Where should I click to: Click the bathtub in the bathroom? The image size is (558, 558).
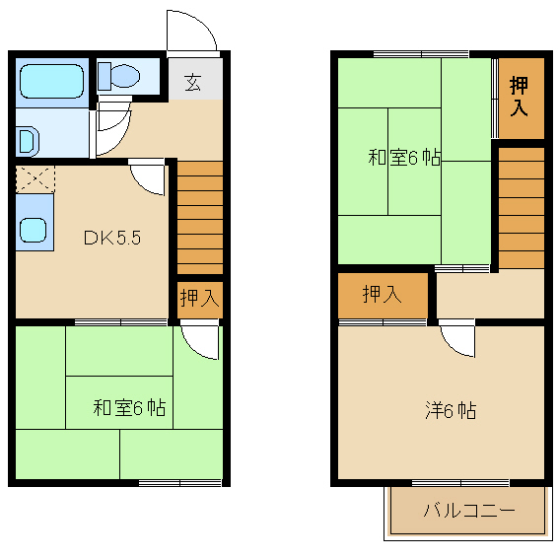pyautogui.click(x=52, y=81)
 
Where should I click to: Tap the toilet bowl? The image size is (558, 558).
pyautogui.click(x=125, y=76)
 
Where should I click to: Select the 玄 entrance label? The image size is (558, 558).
pyautogui.click(x=193, y=82)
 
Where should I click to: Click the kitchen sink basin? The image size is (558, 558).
pyautogui.click(x=33, y=231)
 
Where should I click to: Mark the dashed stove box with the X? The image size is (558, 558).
pyautogui.click(x=35, y=178)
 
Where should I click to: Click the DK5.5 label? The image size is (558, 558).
pyautogui.click(x=112, y=238)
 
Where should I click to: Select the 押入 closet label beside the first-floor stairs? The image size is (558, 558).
pyautogui.click(x=199, y=298)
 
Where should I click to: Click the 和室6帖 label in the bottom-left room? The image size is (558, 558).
pyautogui.click(x=129, y=408)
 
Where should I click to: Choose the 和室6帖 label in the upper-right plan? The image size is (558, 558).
pyautogui.click(x=404, y=157)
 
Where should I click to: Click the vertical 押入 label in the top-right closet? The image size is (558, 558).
pyautogui.click(x=519, y=96)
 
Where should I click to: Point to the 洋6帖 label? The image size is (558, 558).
pyautogui.click(x=451, y=410)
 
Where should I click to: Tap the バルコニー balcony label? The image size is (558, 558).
pyautogui.click(x=469, y=511)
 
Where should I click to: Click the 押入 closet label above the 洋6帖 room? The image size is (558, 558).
pyautogui.click(x=382, y=294)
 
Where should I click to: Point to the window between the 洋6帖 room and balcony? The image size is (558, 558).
pyautogui.click(x=460, y=483)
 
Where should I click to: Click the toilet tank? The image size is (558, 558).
pyautogui.click(x=105, y=76)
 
